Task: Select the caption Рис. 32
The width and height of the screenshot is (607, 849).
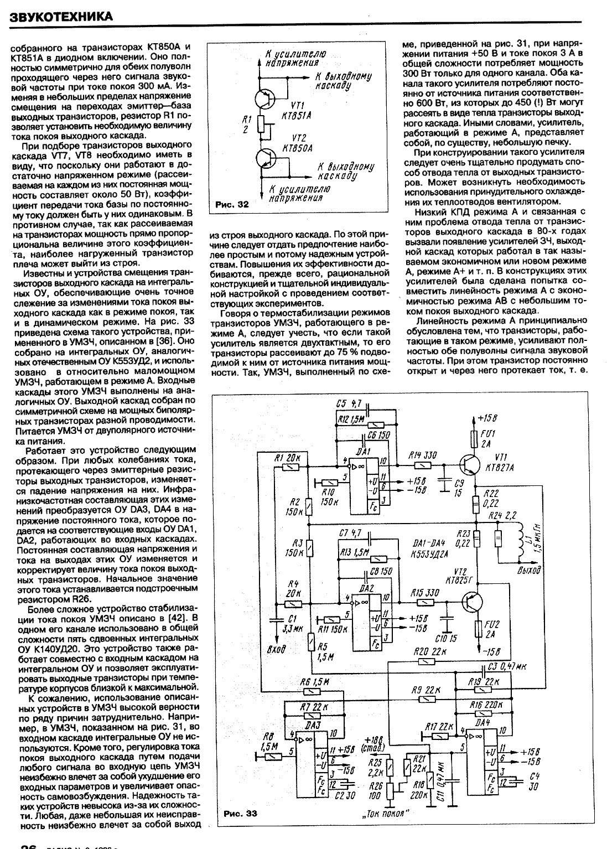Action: (x=229, y=205)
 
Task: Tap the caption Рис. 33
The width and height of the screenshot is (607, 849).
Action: (x=241, y=814)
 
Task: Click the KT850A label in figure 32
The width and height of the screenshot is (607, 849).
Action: (x=297, y=149)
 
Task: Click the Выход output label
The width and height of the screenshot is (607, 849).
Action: (x=528, y=569)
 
